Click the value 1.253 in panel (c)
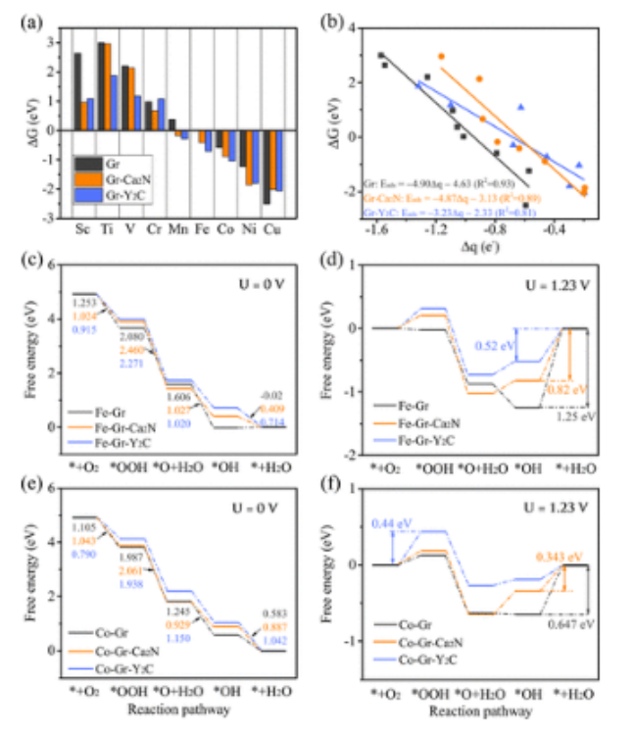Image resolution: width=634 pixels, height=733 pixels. coord(84,304)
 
